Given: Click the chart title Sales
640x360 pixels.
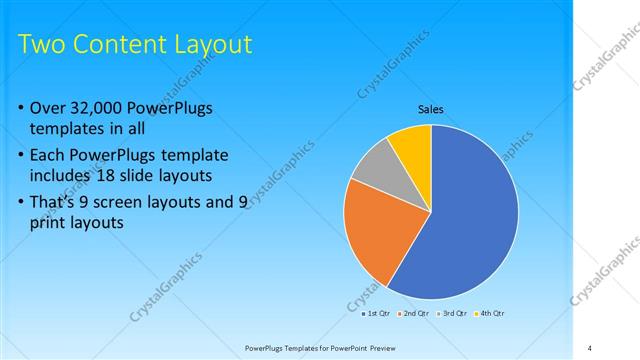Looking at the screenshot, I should point(430,109).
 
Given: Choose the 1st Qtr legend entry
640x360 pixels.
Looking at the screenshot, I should point(376,313).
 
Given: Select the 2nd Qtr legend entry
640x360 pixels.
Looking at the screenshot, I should point(417,313).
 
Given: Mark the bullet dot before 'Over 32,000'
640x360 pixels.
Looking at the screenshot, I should point(23,108).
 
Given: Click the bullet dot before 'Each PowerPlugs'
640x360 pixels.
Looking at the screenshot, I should point(23,156).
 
